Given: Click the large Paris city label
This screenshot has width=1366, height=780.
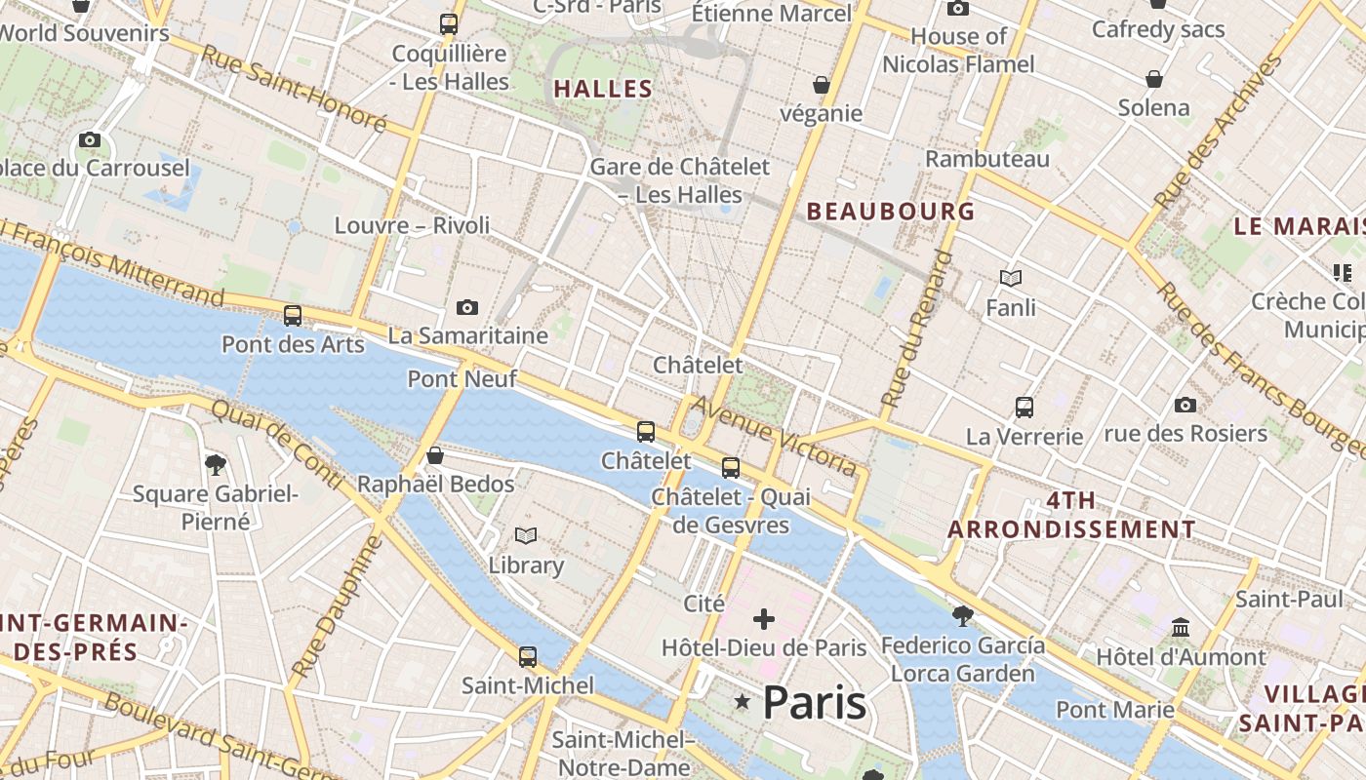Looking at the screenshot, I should (814, 702).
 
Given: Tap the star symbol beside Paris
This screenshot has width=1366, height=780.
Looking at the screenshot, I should (743, 701).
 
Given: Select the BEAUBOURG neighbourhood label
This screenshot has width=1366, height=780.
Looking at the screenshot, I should (891, 211).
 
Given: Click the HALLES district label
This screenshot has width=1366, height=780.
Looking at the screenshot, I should (603, 89).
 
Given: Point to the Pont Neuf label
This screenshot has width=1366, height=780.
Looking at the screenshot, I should (462, 378).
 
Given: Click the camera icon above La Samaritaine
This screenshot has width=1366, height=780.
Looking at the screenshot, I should (467, 308).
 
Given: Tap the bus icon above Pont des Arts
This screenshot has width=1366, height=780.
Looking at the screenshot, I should (292, 316).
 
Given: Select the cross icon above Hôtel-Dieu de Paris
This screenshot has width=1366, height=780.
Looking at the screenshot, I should (764, 619).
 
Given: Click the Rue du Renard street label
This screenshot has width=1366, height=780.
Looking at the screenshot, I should (915, 328).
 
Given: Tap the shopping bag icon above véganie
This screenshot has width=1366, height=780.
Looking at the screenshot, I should (822, 86).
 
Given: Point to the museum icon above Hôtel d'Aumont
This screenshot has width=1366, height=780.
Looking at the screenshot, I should (1181, 627).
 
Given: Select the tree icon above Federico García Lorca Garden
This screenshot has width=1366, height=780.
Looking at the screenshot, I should (962, 615).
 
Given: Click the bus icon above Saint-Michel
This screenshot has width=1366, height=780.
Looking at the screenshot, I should (528, 657).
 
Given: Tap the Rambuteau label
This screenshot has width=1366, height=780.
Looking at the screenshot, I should (987, 158).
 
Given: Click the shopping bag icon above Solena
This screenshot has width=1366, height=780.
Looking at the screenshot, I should (1154, 79).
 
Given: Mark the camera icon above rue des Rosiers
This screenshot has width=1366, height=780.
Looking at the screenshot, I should (1185, 405).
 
